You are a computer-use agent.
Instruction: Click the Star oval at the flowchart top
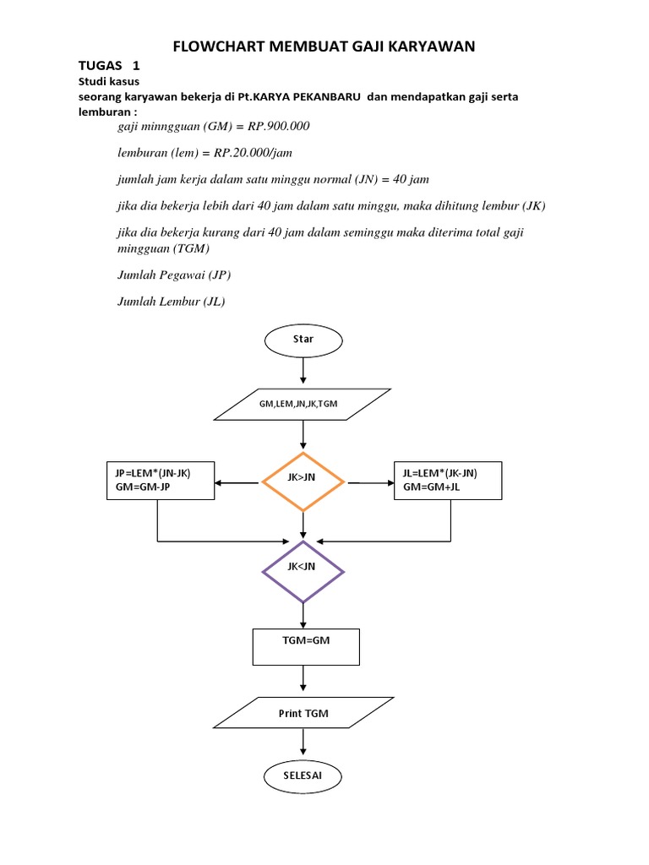click(303, 339)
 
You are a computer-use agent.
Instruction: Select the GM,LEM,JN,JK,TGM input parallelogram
click(303, 404)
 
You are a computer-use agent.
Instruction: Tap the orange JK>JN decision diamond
click(303, 482)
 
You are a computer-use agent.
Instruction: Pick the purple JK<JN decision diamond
click(303, 572)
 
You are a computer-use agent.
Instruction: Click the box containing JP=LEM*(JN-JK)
click(159, 481)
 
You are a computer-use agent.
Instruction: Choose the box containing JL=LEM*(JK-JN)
click(448, 481)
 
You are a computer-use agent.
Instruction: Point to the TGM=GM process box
click(306, 646)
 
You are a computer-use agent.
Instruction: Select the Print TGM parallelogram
click(303, 713)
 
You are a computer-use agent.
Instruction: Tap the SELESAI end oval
click(303, 775)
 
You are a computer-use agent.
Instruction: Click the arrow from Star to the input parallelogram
click(303, 372)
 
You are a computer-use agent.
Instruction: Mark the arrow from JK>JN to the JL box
click(369, 483)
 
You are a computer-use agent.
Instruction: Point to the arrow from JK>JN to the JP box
click(237, 483)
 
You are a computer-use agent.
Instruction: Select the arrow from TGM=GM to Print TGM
click(303, 681)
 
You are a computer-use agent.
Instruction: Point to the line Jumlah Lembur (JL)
click(171, 302)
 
